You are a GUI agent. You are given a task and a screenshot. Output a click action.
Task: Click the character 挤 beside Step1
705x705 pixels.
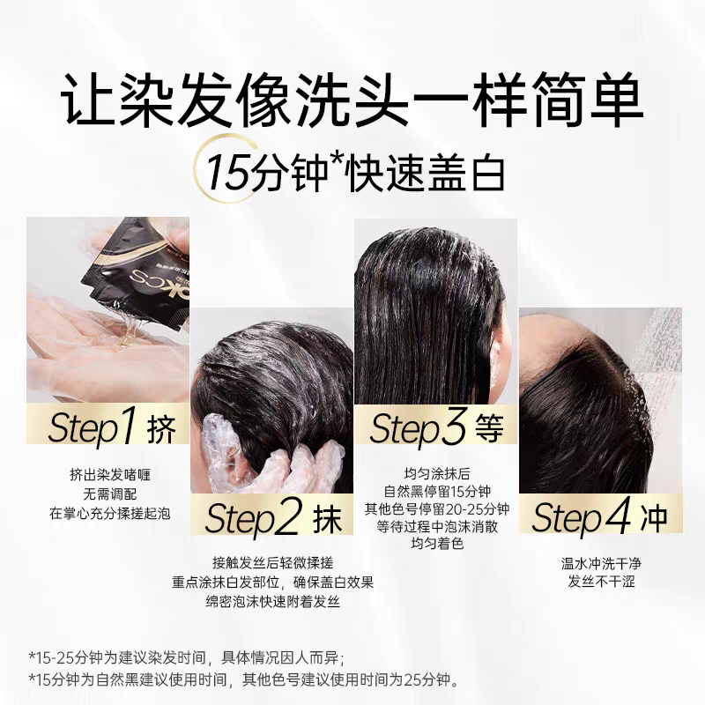click(x=163, y=429)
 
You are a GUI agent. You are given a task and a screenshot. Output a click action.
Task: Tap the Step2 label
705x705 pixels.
click(x=252, y=519)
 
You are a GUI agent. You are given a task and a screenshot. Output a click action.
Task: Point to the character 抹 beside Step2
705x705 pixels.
click(x=326, y=519)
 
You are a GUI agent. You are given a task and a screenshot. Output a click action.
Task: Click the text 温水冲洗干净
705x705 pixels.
click(x=598, y=563)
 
